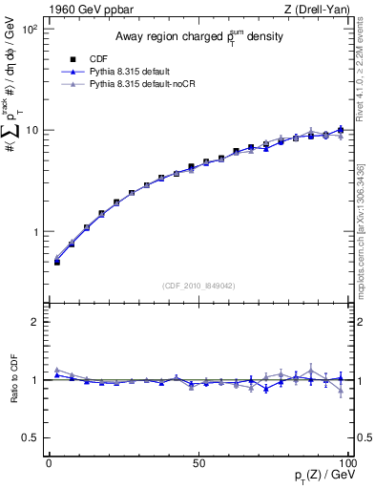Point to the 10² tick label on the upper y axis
click(x=30, y=30)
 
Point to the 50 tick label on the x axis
click(x=198, y=463)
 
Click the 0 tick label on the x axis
click(x=49, y=463)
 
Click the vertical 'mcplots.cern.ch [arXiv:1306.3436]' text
click(x=366, y=228)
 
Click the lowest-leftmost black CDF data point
click(x=56, y=262)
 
